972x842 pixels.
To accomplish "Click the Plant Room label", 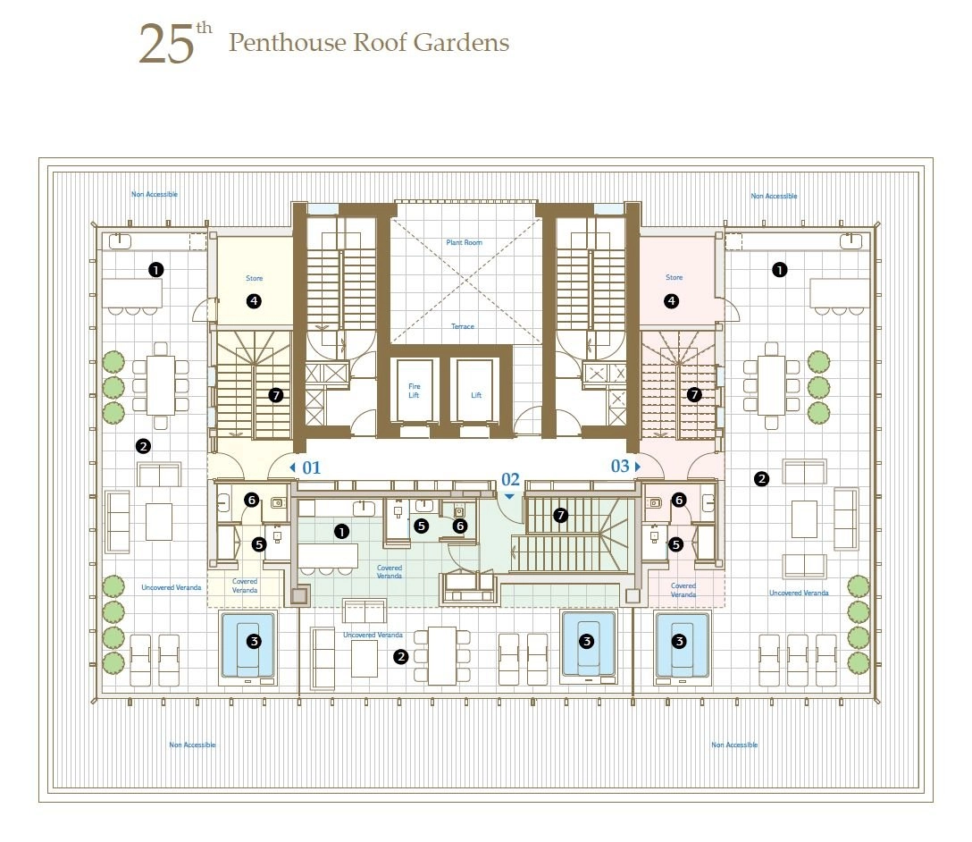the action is [x=464, y=242].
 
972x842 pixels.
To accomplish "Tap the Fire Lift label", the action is [x=415, y=391].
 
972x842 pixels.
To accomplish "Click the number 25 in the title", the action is [x=166, y=44].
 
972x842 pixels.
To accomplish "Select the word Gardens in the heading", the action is [x=461, y=42].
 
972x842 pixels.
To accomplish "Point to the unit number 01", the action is [x=311, y=467].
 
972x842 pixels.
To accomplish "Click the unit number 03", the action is [x=620, y=466].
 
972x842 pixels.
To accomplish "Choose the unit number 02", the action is [x=510, y=479].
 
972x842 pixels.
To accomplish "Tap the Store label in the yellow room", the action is [x=254, y=278].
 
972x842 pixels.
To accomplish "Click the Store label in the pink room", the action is [x=674, y=277].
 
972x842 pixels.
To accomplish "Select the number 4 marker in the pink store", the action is [x=671, y=301].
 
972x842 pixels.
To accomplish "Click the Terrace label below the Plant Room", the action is [x=463, y=326].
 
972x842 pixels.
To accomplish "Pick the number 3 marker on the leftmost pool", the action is [x=254, y=641].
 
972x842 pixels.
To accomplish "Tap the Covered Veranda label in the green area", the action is [x=390, y=572].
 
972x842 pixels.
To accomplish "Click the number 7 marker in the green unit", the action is [x=560, y=515].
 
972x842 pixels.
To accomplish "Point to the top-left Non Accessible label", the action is [x=155, y=194].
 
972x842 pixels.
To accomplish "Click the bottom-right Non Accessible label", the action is [x=734, y=745].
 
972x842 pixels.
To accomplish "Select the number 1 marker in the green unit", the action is [x=341, y=531].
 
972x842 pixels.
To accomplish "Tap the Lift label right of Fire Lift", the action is [x=476, y=395].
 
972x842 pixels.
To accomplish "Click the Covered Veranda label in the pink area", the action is [x=683, y=590].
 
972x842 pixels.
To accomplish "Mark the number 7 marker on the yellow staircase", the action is [x=276, y=395].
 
